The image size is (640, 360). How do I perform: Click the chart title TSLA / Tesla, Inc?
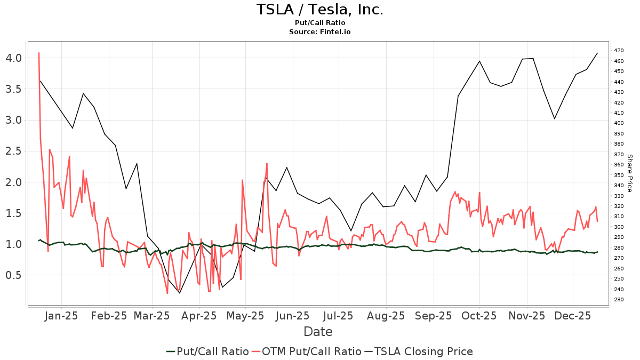[319, 10]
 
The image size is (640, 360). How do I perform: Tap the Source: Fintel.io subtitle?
[319, 31]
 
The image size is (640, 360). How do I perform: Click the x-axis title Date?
[318, 332]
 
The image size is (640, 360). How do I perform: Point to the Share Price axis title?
[629, 173]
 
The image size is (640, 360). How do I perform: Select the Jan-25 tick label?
[62, 316]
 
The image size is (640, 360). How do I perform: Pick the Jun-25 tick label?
[292, 316]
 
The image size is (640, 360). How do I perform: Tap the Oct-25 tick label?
[479, 316]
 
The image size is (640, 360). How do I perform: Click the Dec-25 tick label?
[573, 316]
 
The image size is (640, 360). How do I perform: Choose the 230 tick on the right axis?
[619, 300]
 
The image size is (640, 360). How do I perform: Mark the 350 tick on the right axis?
[619, 175]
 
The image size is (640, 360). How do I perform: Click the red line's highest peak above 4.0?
[39, 53]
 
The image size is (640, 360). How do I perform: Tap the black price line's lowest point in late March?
[179, 293]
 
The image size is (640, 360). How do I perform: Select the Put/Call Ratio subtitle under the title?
[319, 23]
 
